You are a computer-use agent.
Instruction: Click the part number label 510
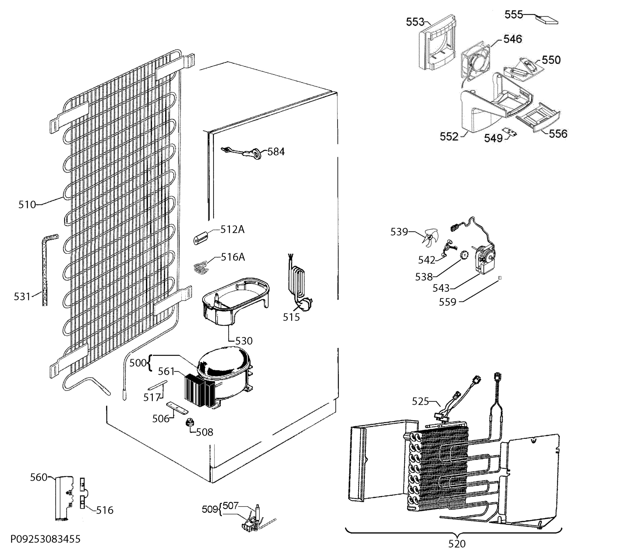click(x=27, y=204)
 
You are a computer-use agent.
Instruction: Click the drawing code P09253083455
click(x=45, y=539)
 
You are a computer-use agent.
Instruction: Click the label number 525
click(x=421, y=401)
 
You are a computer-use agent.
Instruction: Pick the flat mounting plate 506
click(x=177, y=408)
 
